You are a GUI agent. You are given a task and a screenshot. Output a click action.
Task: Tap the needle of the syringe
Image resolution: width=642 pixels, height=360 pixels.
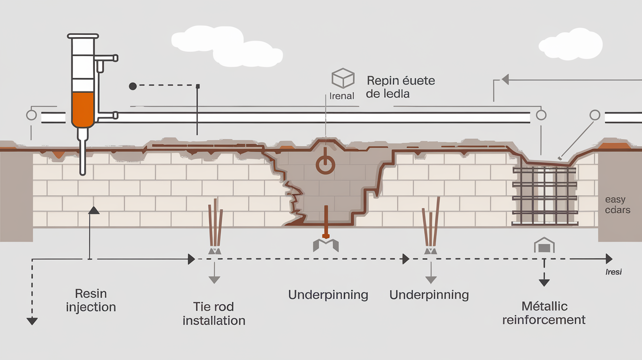[82, 157]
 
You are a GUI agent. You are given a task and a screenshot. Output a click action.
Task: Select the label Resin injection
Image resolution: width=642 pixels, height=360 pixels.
[91, 300]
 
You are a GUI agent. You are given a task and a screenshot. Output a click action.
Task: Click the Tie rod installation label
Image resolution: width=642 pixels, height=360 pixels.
[214, 314]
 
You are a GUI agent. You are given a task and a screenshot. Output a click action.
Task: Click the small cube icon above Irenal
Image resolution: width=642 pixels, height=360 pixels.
[343, 78]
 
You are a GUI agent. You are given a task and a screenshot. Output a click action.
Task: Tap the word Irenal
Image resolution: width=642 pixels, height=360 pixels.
[342, 96]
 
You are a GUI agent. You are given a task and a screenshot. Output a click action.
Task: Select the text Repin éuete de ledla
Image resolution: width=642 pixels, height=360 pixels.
[400, 87]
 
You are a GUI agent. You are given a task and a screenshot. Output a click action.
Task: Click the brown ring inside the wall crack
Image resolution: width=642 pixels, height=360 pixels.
[325, 164]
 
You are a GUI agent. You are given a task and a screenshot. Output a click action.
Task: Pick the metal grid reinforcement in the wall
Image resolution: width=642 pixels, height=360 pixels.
[543, 196]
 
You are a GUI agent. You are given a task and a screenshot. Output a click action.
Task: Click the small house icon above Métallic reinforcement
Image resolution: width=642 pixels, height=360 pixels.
[544, 246]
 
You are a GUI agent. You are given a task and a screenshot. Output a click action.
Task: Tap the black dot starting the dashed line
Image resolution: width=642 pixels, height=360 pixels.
[133, 86]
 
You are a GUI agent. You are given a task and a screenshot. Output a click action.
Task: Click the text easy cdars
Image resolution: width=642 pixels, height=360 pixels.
[618, 205]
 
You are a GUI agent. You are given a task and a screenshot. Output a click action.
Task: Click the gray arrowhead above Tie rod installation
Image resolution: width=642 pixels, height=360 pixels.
[214, 280]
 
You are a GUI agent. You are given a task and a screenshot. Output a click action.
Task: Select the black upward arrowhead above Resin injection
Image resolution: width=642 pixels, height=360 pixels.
[93, 210]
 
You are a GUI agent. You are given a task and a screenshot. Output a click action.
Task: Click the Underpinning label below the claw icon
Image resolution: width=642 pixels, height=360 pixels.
[328, 295]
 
